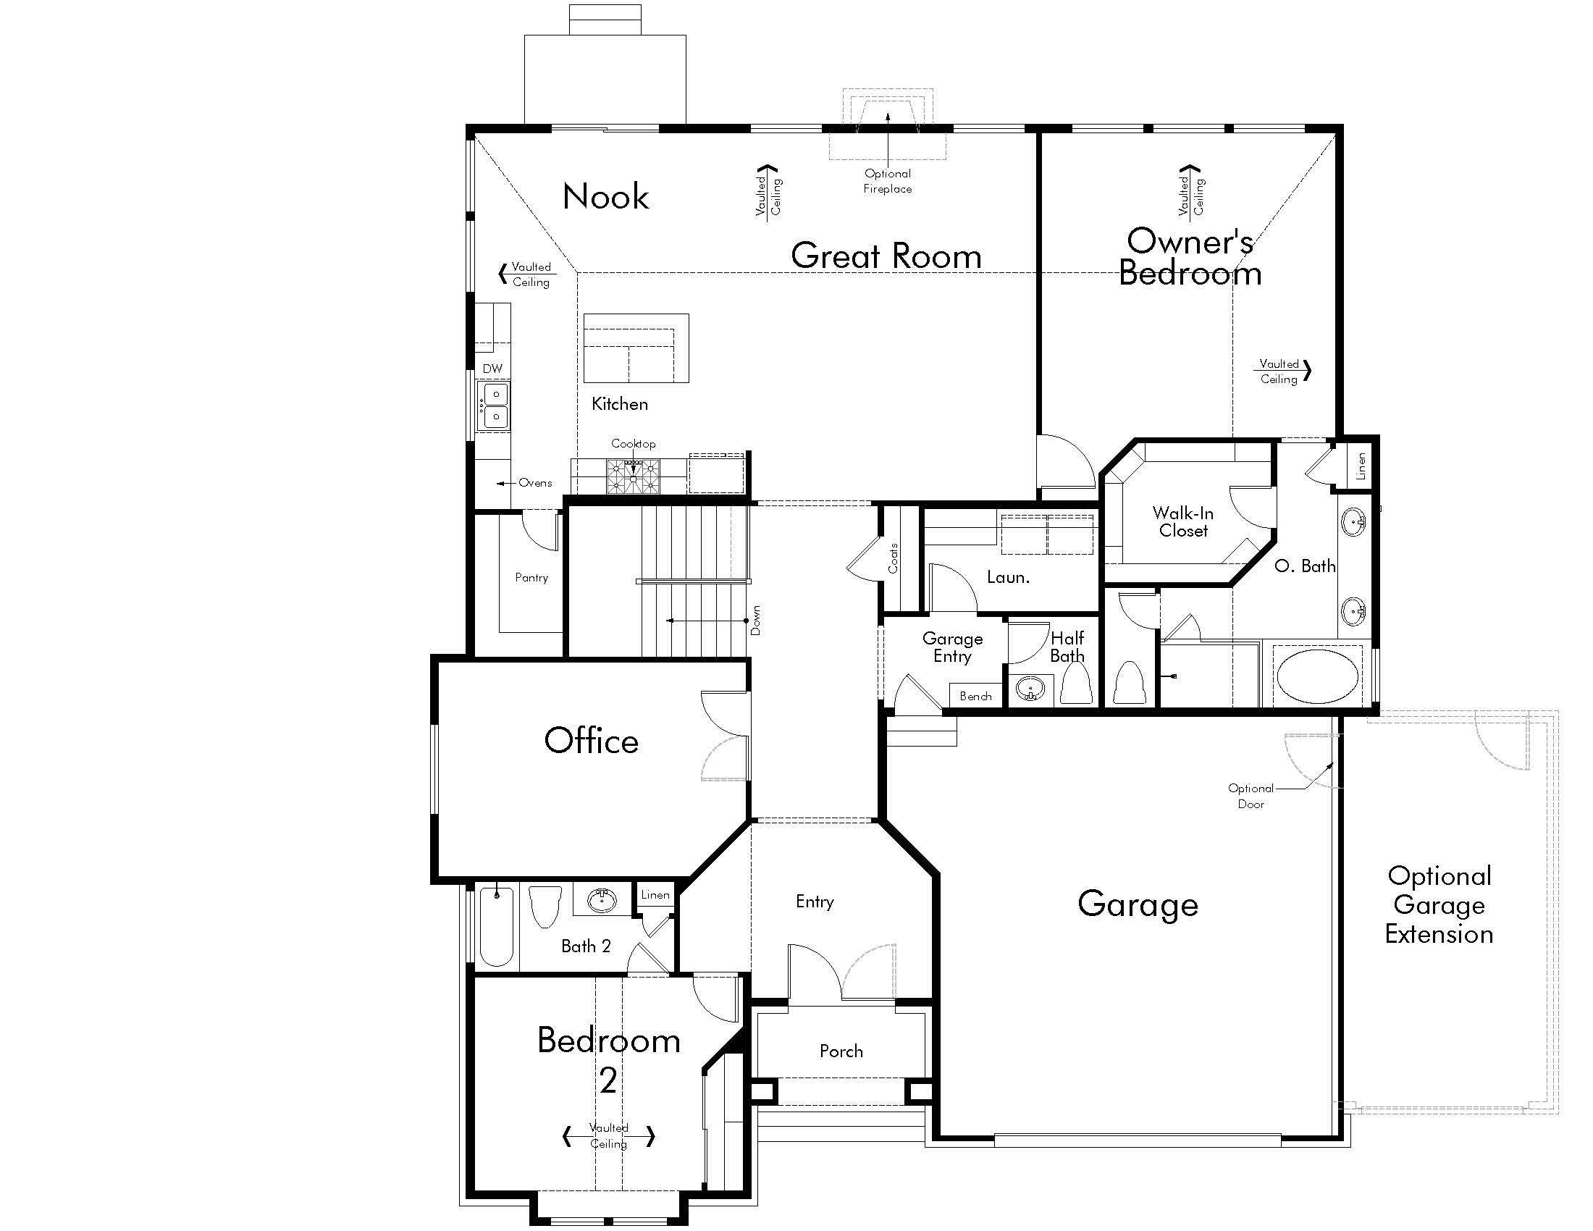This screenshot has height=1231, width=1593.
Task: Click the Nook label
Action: click(x=605, y=196)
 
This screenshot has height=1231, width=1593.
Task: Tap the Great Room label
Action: click(x=886, y=256)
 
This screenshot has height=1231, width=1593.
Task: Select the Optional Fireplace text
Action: click(x=888, y=181)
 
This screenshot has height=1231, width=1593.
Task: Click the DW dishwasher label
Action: click(x=492, y=369)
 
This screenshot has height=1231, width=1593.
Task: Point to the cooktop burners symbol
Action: click(x=633, y=476)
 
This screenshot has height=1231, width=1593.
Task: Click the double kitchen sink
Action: click(x=494, y=406)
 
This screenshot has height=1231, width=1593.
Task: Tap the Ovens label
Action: click(x=535, y=483)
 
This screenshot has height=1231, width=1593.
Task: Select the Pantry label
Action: click(x=531, y=578)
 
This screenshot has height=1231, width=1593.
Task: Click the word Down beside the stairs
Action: click(x=756, y=620)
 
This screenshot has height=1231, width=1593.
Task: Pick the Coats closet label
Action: click(x=894, y=558)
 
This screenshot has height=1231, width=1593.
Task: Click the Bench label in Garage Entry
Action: click(x=975, y=696)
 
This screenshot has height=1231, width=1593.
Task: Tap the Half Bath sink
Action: click(x=1030, y=689)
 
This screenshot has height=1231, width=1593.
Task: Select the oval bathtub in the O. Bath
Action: click(x=1317, y=676)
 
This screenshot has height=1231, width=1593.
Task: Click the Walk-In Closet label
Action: click(x=1183, y=522)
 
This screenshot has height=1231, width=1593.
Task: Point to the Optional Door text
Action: click(x=1251, y=796)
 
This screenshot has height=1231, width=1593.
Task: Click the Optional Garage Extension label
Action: click(x=1439, y=904)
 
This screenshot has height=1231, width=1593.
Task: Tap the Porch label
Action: click(x=841, y=1051)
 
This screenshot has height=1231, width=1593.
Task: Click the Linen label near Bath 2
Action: click(x=655, y=895)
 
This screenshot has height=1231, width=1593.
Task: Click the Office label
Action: click(x=592, y=740)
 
